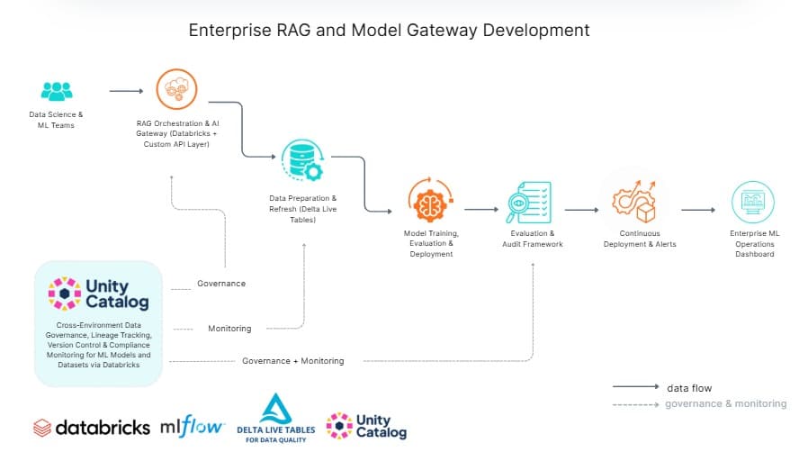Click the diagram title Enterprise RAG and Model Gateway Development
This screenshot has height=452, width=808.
point(389,30)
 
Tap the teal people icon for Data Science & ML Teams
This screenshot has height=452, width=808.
point(56,91)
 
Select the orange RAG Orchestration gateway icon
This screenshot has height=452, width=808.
point(175,90)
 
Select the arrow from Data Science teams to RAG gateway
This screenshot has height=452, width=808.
point(126,91)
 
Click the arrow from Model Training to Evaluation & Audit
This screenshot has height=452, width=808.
point(480,210)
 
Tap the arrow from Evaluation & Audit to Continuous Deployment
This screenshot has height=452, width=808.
point(581,210)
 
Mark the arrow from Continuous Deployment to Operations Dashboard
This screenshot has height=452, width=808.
point(697,210)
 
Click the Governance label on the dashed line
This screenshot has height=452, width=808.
point(220,284)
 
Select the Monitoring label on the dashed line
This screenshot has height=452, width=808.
point(229,329)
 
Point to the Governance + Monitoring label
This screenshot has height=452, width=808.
point(292,361)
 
